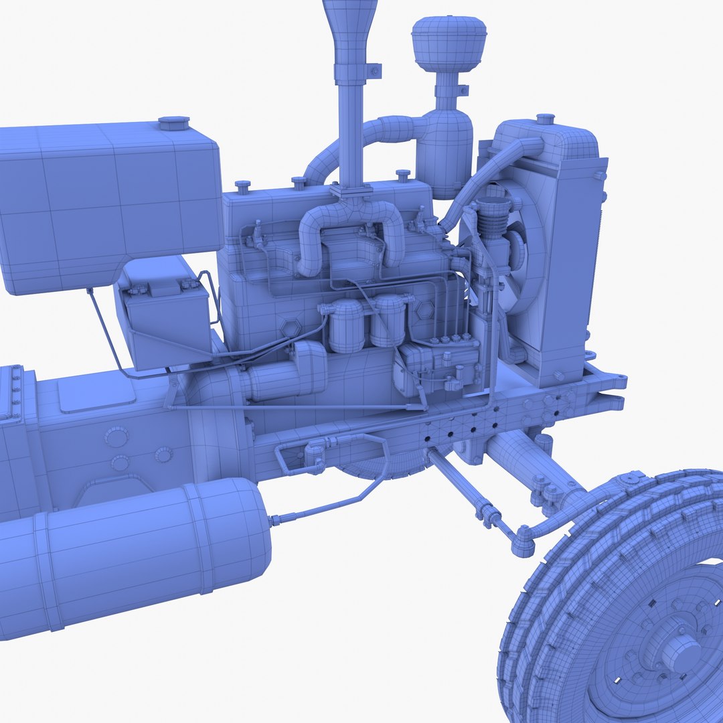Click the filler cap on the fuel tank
coord(173,124)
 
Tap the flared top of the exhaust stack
coord(345,20)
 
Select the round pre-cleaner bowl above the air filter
coord(447,45)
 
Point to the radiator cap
coord(546,120)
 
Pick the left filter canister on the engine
coord(347,325)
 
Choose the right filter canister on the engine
coord(389,321)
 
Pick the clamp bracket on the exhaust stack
coord(372,70)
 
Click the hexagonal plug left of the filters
coord(290,329)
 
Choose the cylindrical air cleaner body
coord(443,151)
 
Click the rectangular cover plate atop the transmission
coord(97,394)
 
